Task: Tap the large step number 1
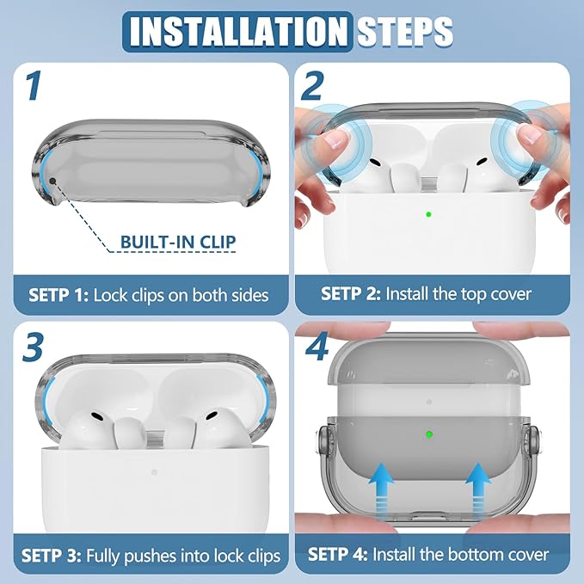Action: pos(34,86)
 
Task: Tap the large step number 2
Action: pos(312,86)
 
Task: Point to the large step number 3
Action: pos(33,347)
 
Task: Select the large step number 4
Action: pos(317,346)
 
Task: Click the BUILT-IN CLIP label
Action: pos(178,242)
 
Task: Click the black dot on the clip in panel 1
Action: pos(52,181)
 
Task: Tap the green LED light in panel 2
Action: pos(428,214)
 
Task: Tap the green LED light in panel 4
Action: pos(429,433)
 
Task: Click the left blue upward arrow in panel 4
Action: pos(381,491)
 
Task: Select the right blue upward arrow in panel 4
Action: pos(478,491)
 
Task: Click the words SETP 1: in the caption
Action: pos(58,295)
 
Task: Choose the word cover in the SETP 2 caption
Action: pos(511,294)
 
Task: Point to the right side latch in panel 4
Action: pos(533,441)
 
